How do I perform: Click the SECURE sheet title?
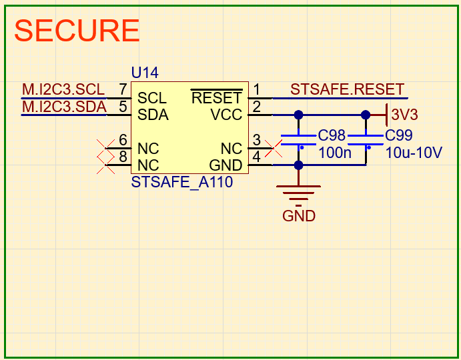tap(77, 31)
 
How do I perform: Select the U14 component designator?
tap(145, 73)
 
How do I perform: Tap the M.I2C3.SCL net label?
tap(63, 89)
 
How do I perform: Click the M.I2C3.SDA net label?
tap(64, 106)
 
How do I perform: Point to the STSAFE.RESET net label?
tap(348, 89)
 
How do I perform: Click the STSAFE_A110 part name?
tap(182, 182)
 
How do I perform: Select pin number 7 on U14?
tap(123, 89)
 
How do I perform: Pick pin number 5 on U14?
tap(123, 106)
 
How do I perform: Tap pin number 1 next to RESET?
tap(257, 89)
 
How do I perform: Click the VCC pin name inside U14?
tap(227, 115)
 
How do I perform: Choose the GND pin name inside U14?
tap(225, 165)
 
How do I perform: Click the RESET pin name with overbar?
tap(216, 98)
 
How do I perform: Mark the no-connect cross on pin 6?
tap(103, 148)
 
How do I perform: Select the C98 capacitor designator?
tap(332, 135)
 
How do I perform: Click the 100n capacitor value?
tap(334, 152)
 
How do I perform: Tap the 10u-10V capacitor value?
tap(414, 152)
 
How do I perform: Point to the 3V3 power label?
tap(404, 115)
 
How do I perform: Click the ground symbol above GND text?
tap(298, 193)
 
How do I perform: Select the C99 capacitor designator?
tap(400, 135)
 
